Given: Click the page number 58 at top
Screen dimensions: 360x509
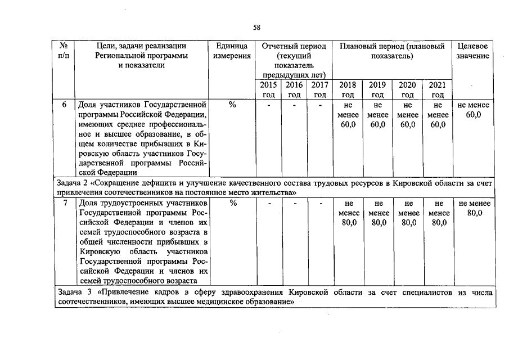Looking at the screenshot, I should pos(256,26).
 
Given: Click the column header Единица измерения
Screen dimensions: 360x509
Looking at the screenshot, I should pos(232,51).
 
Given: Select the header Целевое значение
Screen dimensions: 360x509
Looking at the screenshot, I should pos(473,51).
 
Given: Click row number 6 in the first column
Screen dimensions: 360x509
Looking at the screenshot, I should pos(66,105).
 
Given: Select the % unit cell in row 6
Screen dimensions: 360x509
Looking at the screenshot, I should pos(232,105).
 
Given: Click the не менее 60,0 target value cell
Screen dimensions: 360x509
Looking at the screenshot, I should pos(474,110).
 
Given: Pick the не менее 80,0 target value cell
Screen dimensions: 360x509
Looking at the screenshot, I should pos(474,208).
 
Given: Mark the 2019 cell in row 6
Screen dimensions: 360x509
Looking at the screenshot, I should pos(377,115).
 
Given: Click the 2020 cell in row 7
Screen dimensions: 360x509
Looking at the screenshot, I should pos(408,213).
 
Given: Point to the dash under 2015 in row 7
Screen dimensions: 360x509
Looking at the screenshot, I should pos(269,204).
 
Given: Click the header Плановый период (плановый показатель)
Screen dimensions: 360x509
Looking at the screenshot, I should pos(392,51).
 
